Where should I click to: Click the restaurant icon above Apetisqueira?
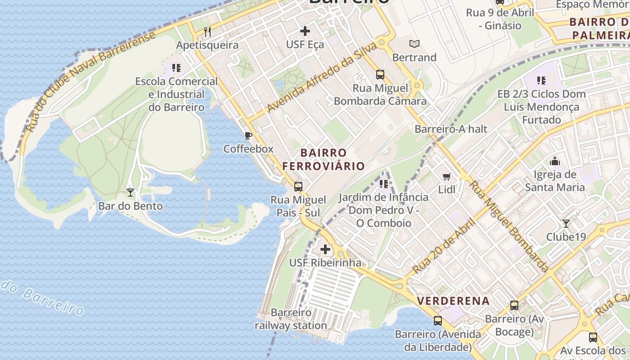click(207, 31)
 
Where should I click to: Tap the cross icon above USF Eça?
click(305, 31)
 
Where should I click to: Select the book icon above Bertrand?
click(414, 44)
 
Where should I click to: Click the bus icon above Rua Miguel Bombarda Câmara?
click(380, 74)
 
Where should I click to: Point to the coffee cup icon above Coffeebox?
click(248, 135)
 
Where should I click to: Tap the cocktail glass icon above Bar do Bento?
click(130, 193)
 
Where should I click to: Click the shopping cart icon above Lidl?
click(446, 176)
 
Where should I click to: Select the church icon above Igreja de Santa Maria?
click(555, 161)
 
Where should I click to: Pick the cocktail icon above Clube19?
click(566, 223)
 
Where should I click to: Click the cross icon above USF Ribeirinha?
click(325, 249)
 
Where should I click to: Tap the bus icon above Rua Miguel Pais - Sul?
click(298, 186)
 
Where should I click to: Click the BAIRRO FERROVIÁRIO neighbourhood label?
click(324, 159)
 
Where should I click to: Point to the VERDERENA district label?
click(453, 301)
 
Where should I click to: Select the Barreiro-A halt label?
click(451, 129)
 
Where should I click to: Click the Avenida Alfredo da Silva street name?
click(322, 77)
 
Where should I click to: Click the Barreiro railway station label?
click(291, 319)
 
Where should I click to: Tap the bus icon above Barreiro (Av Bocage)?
click(514, 306)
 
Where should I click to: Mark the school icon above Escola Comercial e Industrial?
click(176, 68)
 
